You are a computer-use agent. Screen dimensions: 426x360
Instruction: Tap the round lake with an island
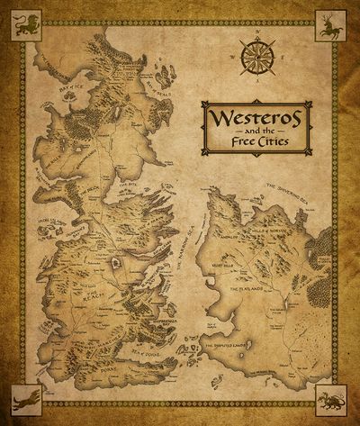[115, 263]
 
